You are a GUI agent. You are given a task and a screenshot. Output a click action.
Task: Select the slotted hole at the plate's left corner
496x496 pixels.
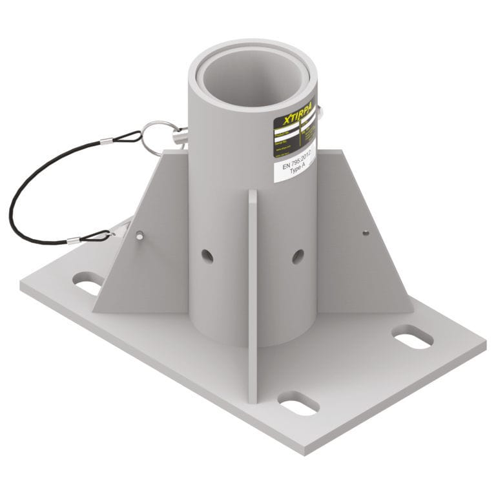click(88, 282)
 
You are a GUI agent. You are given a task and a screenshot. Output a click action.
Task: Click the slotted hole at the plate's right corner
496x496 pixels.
click(412, 338)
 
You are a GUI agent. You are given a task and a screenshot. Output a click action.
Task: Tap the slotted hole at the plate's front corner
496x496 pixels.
click(298, 403)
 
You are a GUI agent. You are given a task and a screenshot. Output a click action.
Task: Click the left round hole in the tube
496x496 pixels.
click(207, 256)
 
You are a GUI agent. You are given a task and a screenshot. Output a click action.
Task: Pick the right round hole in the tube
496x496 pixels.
click(298, 256)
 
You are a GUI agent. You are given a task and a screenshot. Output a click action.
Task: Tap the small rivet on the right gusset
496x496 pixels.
click(366, 232)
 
